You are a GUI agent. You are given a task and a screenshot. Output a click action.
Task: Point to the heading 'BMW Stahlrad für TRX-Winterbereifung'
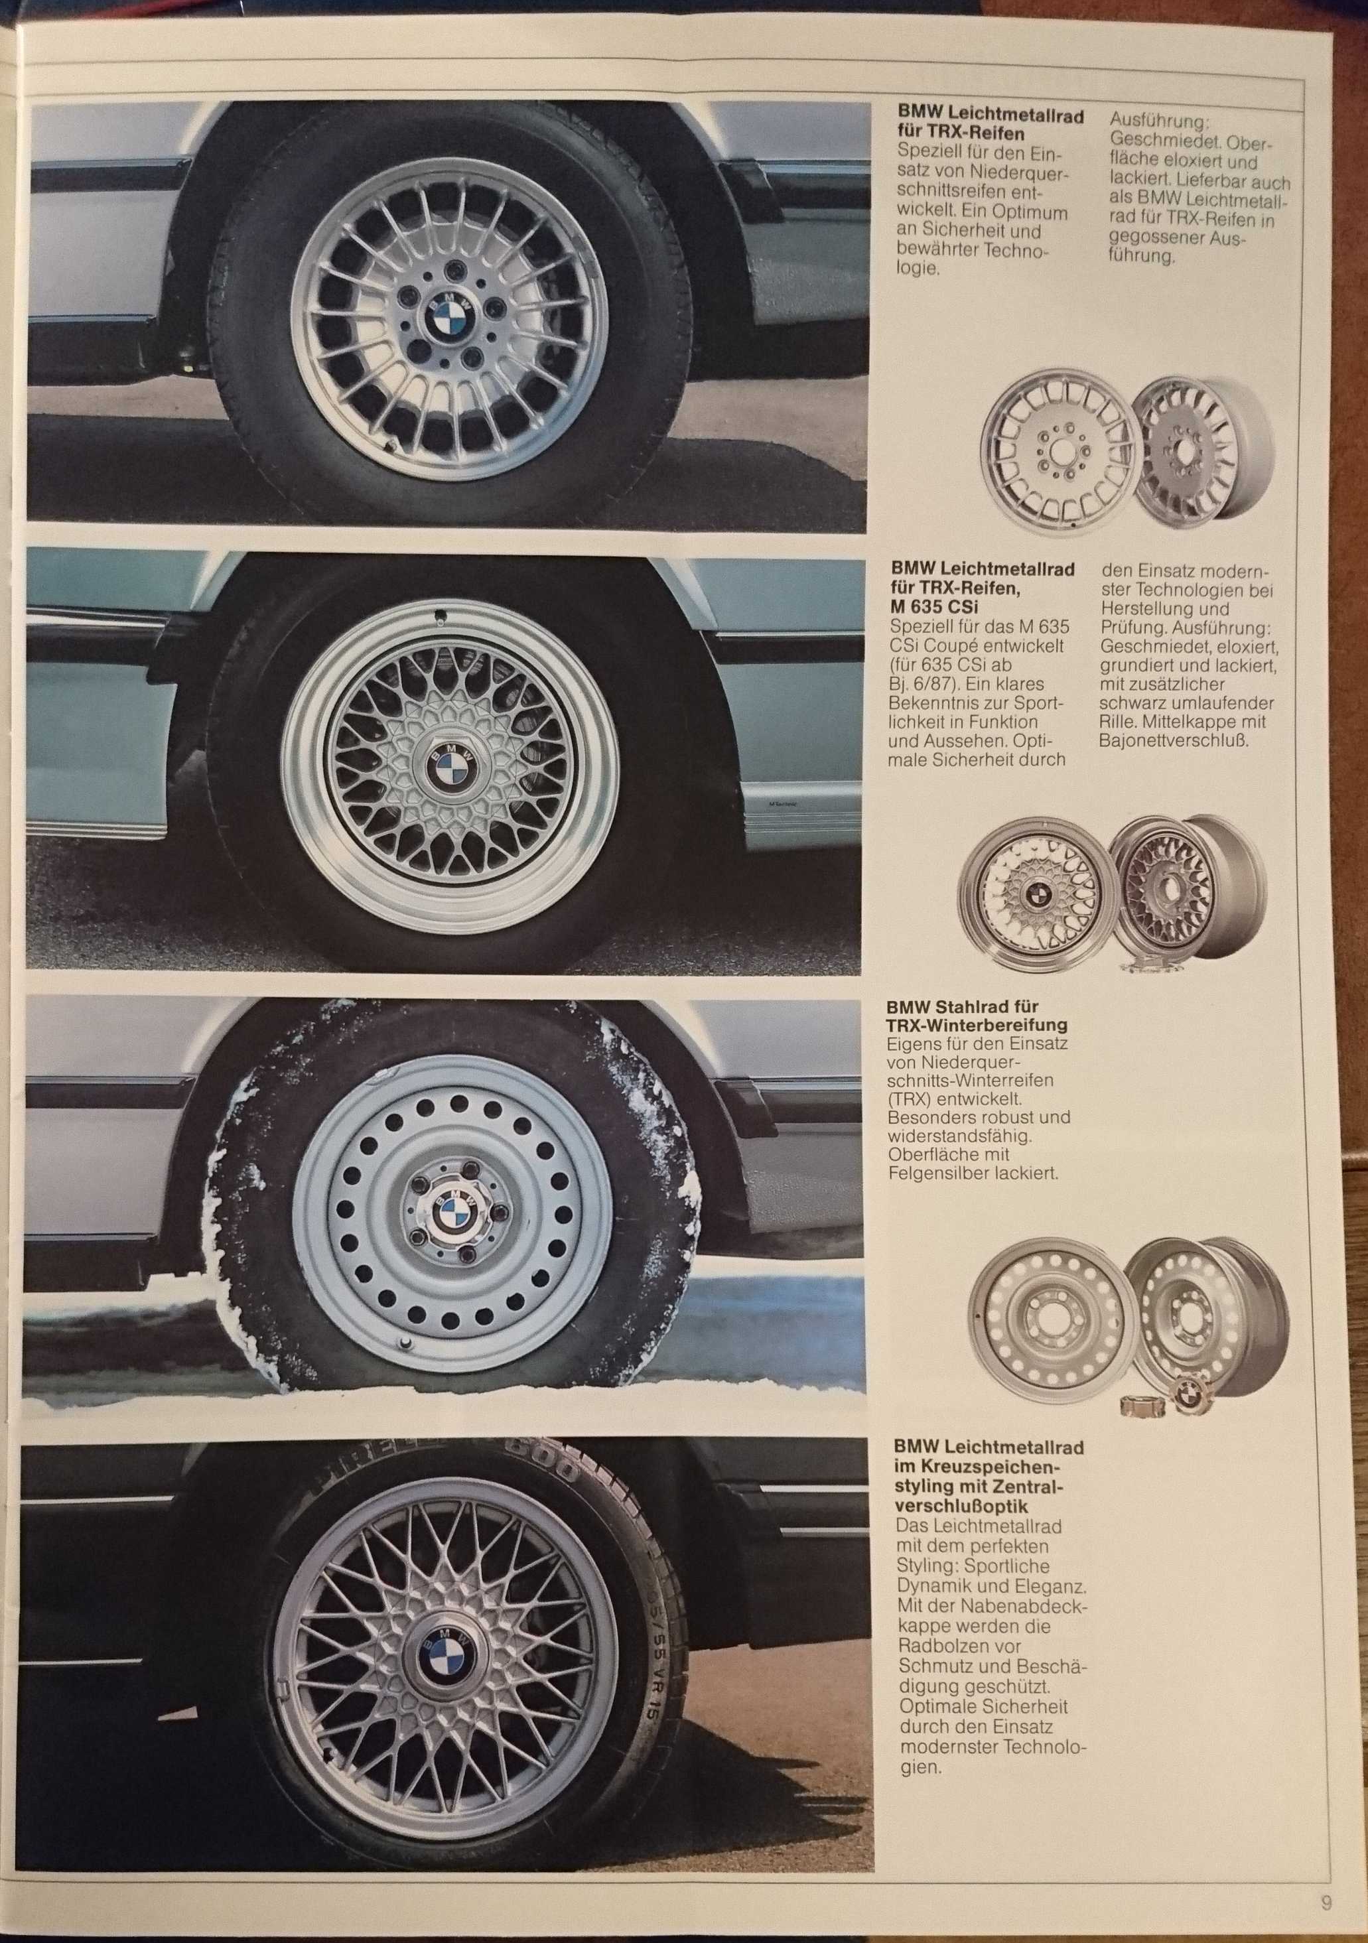976,1016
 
